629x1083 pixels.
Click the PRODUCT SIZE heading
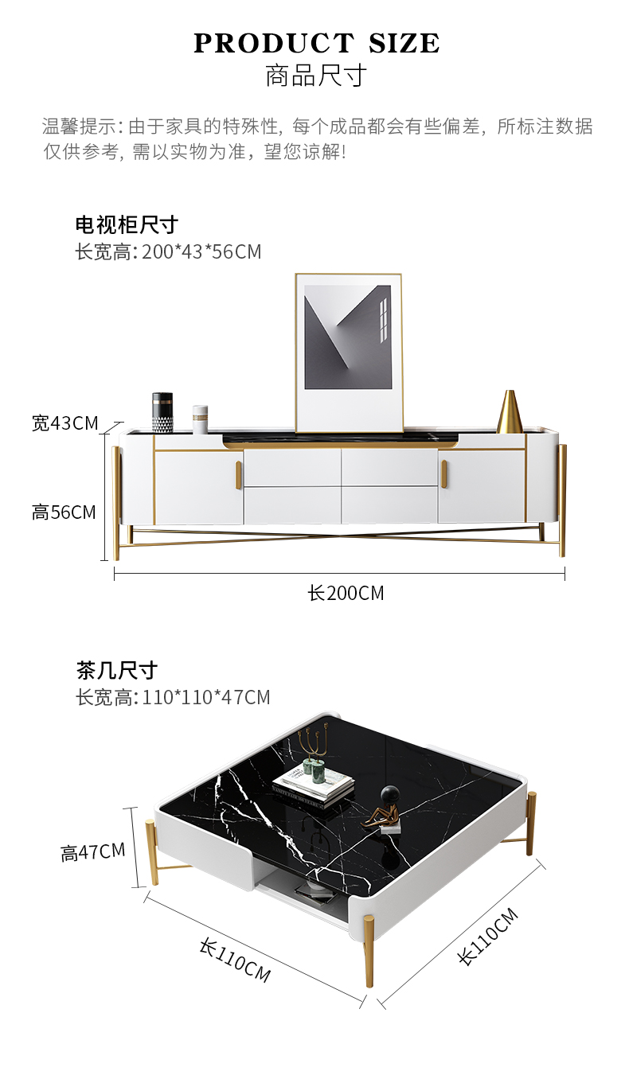(316, 44)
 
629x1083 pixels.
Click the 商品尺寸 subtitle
(316, 76)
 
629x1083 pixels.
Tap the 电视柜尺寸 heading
(127, 224)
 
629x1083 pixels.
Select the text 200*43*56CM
(201, 252)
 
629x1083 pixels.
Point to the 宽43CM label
(65, 423)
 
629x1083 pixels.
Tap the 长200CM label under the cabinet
(346, 593)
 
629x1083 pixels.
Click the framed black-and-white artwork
(349, 353)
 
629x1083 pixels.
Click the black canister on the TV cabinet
(162, 412)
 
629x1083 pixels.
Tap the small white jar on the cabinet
(200, 419)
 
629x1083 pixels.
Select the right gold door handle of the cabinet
(443, 473)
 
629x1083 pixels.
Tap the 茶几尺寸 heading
(117, 670)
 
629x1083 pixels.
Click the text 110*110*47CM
(206, 698)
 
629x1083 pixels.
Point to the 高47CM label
(93, 852)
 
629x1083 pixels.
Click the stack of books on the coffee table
(313, 784)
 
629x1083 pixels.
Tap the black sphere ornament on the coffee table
(389, 793)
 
